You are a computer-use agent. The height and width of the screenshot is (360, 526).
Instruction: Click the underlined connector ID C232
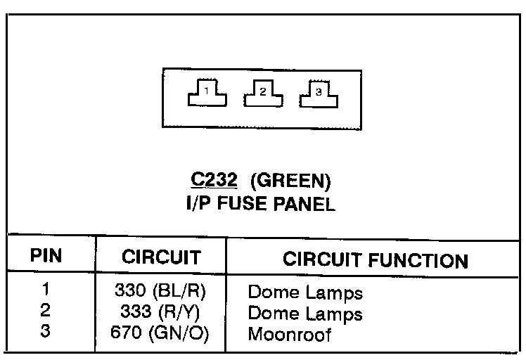coord(214,181)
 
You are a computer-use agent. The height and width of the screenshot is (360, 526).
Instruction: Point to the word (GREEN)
coord(290,181)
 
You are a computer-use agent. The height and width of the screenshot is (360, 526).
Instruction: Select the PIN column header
coord(47,257)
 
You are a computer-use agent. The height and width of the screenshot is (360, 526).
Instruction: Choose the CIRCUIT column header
coord(161,257)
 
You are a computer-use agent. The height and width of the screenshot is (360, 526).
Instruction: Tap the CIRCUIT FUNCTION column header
coord(375,259)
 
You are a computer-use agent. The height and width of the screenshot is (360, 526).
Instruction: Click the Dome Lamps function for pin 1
coord(305,292)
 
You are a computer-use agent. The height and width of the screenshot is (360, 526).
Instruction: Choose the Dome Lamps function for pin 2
coord(305,313)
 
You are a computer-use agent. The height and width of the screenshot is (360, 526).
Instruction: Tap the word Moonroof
coord(289,333)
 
